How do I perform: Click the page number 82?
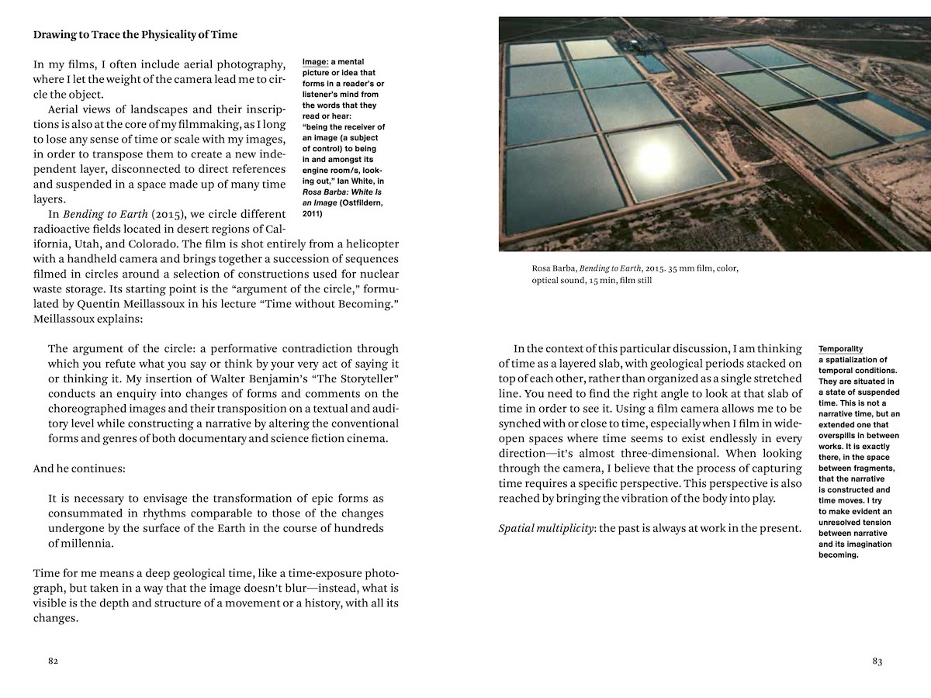tap(53, 662)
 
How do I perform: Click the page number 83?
tap(877, 662)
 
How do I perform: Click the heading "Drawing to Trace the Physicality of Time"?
tap(135, 35)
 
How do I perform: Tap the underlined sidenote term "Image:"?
tap(315, 62)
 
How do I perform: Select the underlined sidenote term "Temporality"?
tap(840, 349)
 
